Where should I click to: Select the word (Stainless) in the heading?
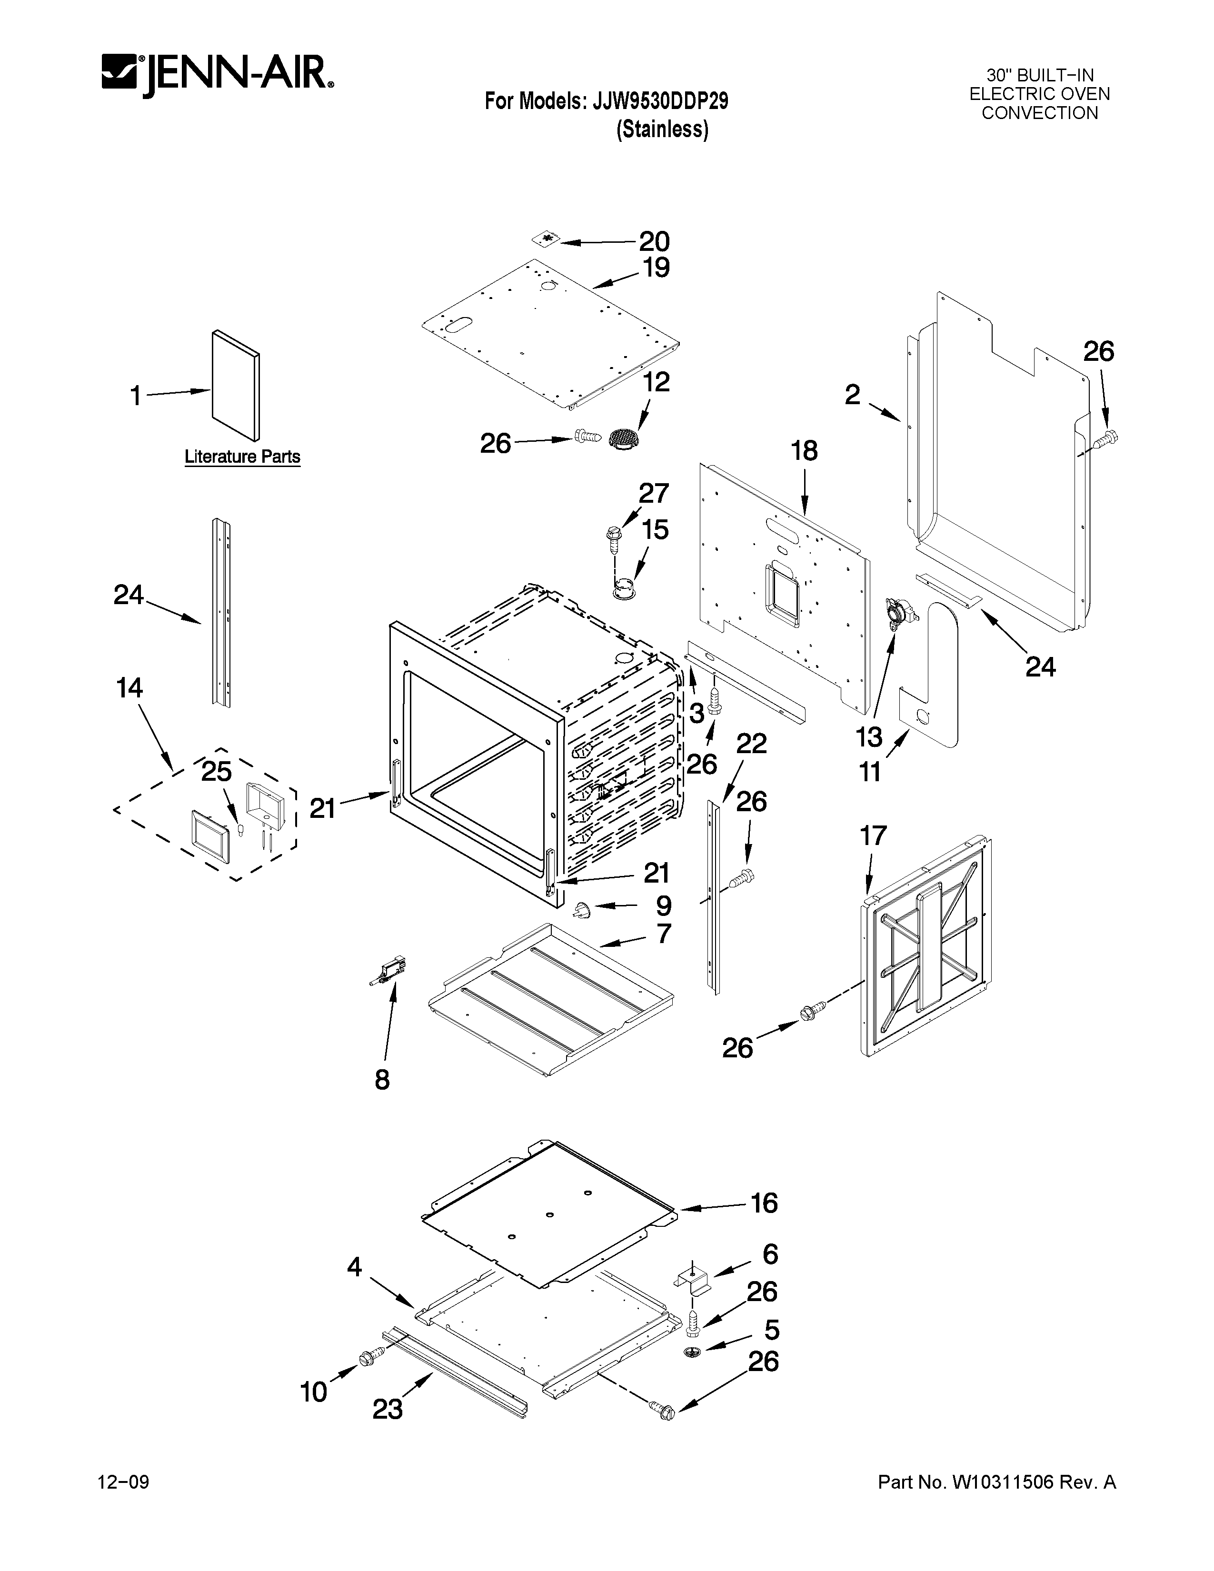coord(662,129)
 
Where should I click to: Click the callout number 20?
coord(654,242)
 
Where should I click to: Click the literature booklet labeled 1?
coord(236,386)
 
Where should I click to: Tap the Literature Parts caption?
coord(242,457)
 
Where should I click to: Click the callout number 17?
coord(873,836)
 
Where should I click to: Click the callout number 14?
coord(129,688)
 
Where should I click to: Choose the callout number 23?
coord(387,1409)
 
